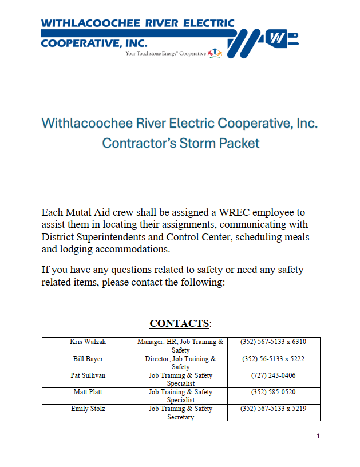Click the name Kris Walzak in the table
(88, 342)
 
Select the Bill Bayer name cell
(88, 359)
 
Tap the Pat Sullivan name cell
(88, 375)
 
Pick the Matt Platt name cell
(88, 392)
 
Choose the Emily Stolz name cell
(88, 409)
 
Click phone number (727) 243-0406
(273, 375)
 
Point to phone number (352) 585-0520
(273, 392)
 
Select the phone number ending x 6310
(274, 342)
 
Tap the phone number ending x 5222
(273, 359)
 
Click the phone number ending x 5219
(274, 409)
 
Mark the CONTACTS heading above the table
(180, 324)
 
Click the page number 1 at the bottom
(318, 437)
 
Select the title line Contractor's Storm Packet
(180, 143)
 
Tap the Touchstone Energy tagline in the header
(166, 53)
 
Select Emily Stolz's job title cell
(181, 413)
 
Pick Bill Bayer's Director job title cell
(181, 363)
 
